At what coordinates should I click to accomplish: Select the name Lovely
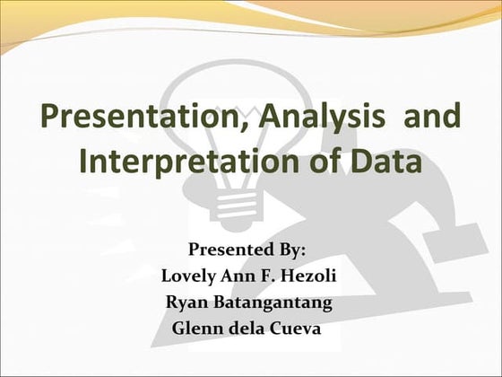pyautogui.click(x=189, y=275)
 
